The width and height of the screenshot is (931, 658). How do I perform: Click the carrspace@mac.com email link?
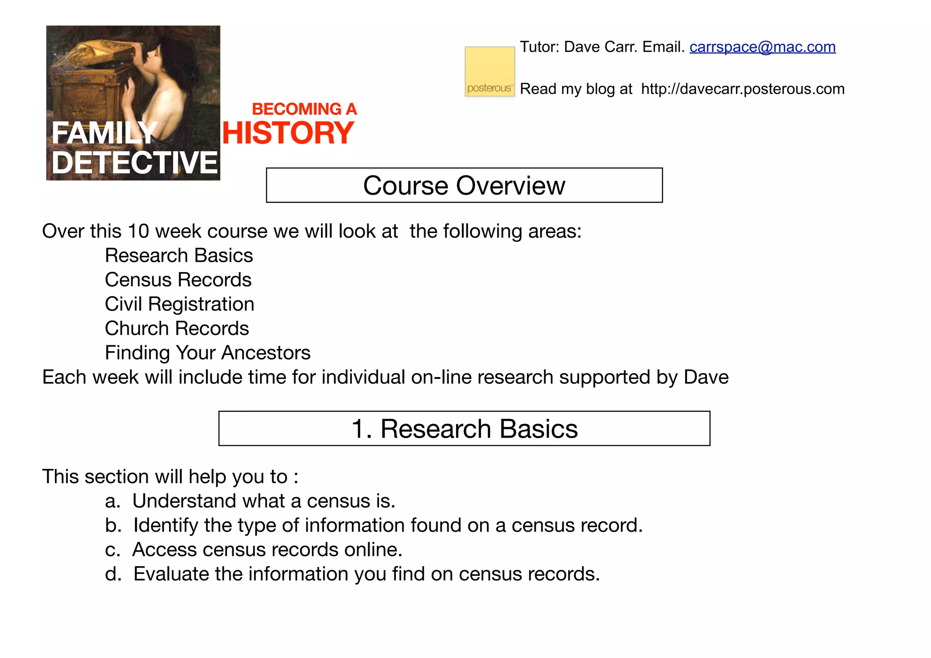tap(762, 47)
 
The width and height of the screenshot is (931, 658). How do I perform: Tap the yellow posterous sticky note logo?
tap(490, 71)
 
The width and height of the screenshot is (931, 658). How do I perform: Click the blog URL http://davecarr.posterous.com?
tap(743, 89)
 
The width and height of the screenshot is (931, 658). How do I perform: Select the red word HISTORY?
tap(288, 133)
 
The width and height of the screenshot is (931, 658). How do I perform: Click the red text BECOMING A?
tap(304, 109)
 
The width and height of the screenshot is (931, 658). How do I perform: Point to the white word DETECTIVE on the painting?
tap(135, 163)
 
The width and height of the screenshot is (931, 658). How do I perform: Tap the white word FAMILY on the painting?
tap(105, 133)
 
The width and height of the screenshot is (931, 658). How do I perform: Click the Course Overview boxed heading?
tap(464, 185)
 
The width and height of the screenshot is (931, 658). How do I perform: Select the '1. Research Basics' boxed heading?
tap(464, 429)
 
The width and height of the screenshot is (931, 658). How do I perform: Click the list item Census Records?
tap(178, 280)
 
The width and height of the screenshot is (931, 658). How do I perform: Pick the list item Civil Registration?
tap(179, 304)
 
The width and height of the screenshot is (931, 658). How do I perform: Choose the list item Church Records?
tap(177, 329)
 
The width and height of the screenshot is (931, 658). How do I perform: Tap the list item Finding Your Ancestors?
tap(207, 353)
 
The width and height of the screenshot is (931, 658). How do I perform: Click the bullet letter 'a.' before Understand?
tap(112, 501)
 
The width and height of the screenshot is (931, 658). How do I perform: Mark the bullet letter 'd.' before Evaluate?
tap(113, 574)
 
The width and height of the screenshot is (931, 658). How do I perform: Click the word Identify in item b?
tap(165, 526)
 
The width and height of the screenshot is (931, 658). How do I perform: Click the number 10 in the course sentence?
tap(138, 231)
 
